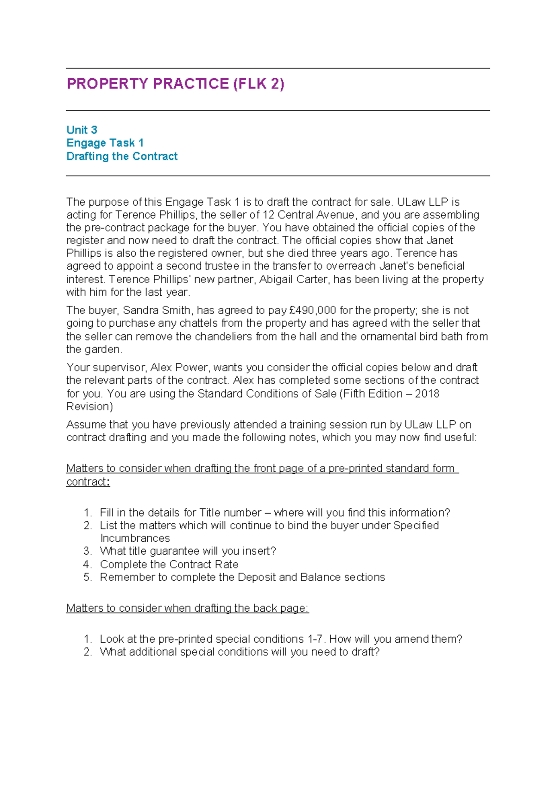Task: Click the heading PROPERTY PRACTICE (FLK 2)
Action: (x=175, y=84)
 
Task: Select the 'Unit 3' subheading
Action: (x=82, y=130)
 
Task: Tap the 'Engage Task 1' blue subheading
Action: (x=105, y=143)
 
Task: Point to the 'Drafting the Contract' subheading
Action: (x=122, y=157)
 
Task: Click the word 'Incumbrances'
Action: (x=135, y=539)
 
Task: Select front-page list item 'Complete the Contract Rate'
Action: (x=169, y=564)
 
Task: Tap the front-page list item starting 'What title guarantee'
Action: (x=188, y=551)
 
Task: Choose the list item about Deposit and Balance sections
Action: (x=242, y=577)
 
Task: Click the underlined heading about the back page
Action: (x=187, y=609)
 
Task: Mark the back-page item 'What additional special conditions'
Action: (x=240, y=652)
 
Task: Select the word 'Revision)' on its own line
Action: (x=89, y=407)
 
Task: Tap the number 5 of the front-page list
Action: (x=88, y=577)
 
